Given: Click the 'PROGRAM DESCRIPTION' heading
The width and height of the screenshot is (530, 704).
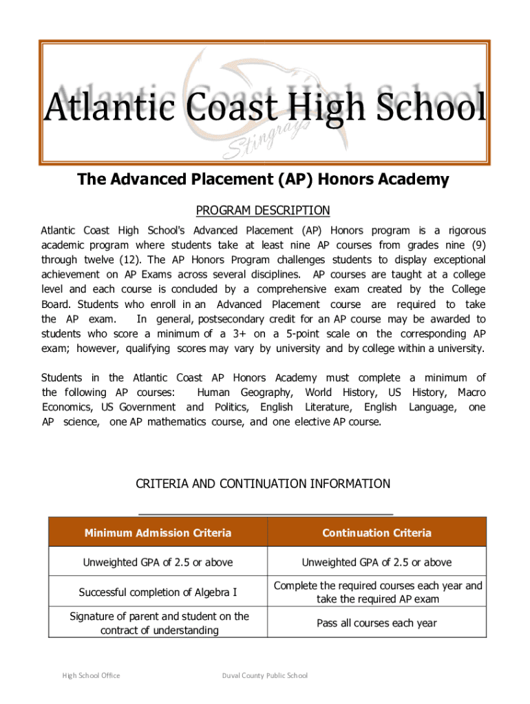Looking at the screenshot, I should click(x=263, y=210).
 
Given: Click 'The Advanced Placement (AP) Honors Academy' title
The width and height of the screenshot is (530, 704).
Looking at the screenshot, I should click(x=263, y=180).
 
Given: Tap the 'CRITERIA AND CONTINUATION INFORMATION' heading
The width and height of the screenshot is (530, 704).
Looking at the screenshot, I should click(x=263, y=484).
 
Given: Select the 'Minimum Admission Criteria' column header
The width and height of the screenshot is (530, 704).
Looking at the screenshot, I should click(x=158, y=533).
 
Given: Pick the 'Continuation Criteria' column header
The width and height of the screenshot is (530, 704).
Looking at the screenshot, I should click(x=377, y=533).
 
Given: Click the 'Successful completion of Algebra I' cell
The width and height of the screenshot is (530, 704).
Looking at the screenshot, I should click(x=158, y=592).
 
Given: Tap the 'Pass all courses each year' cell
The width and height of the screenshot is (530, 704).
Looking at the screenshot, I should click(x=377, y=623).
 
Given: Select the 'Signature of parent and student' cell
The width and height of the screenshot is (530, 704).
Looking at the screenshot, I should click(x=158, y=623).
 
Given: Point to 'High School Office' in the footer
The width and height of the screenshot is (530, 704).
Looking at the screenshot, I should click(x=92, y=675).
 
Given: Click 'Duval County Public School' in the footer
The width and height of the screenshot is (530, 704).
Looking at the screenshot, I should click(x=264, y=675).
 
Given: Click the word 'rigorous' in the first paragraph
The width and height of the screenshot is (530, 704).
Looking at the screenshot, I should click(x=463, y=230).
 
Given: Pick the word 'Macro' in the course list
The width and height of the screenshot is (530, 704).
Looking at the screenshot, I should click(x=471, y=392).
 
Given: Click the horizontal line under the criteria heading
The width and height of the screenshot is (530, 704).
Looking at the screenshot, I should click(x=266, y=514).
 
